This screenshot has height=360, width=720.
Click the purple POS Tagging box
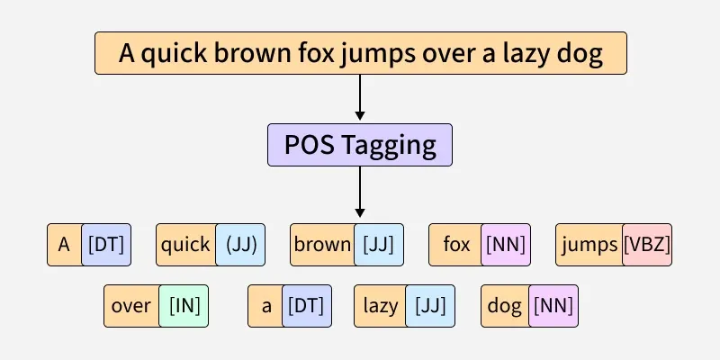pos(359,145)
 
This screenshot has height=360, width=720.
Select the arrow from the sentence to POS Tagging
pos(360,97)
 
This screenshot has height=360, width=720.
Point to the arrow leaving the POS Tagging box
pos(360,191)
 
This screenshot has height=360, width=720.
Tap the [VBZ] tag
pos(647,245)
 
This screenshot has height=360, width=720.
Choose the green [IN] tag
pos(184,306)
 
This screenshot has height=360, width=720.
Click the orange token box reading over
pos(131,306)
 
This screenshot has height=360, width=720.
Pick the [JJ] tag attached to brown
pos(378,245)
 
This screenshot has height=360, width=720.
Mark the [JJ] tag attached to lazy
pos(430,306)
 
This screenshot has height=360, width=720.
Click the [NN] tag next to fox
pos(506,245)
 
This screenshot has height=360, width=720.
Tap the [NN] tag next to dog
pos(552,306)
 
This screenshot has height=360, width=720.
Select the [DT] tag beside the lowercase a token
pos(306,306)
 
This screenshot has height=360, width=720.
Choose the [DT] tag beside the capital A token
pos(106,245)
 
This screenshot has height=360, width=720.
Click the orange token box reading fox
pos(456,245)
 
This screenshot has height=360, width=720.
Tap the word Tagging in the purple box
pos(393,145)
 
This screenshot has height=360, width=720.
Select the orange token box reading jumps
pos(590,245)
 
